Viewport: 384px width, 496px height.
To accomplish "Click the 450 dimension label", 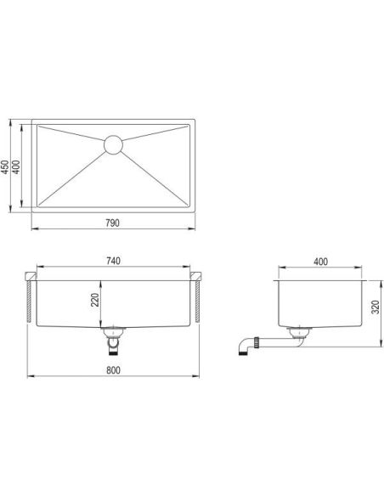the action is [x=5, y=166].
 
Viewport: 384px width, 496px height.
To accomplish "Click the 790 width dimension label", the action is [x=113, y=223].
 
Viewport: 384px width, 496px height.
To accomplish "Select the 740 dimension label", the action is [x=113, y=261].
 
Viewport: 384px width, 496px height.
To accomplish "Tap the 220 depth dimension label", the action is [x=95, y=300].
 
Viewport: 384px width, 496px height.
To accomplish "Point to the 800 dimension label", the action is [x=113, y=370].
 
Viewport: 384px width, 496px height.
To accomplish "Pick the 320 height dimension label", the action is [x=376, y=307].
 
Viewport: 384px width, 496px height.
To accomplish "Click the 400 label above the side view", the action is [x=320, y=262].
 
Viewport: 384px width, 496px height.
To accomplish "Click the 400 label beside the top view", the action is [x=16, y=166].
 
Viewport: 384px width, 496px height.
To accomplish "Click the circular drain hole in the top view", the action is [x=113, y=145].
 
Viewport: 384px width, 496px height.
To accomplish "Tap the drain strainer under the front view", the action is [x=113, y=332].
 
